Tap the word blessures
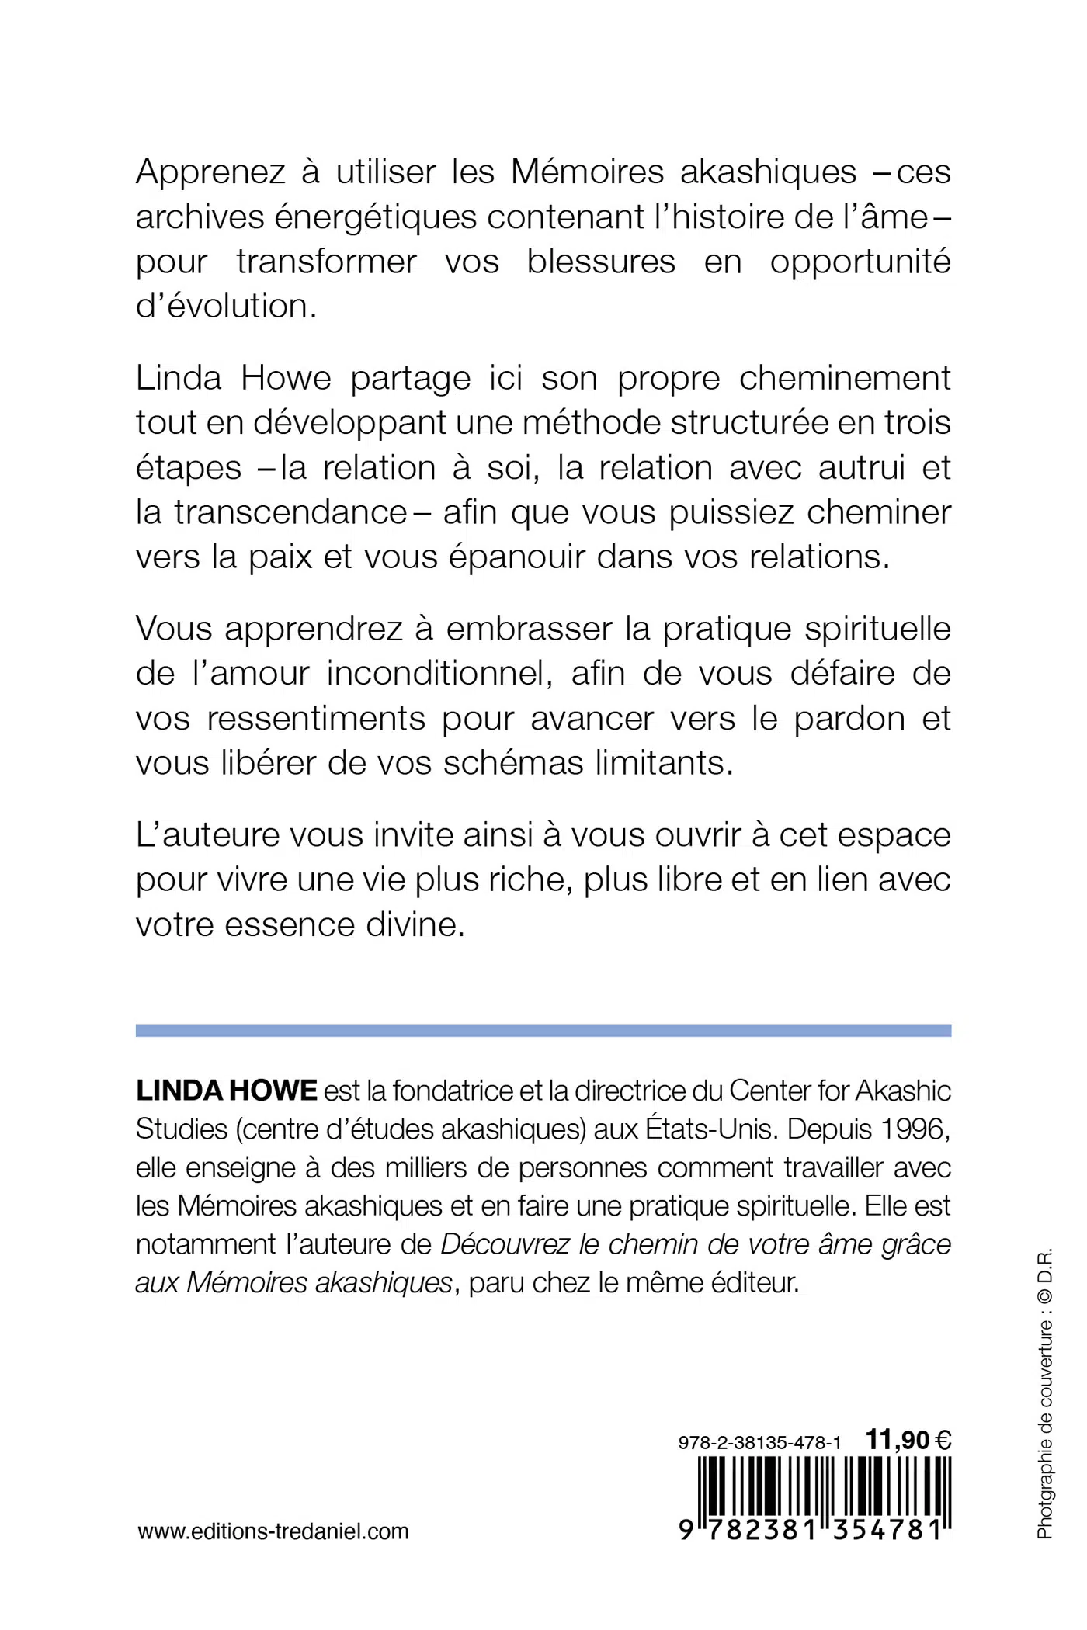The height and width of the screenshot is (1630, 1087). click(x=601, y=262)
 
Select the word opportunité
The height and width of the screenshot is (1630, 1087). click(x=860, y=263)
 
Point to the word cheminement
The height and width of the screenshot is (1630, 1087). click(x=845, y=379)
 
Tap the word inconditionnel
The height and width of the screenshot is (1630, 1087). click(x=439, y=674)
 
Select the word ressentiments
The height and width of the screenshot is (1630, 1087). click(x=316, y=720)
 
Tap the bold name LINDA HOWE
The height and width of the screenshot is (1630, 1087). click(x=227, y=1091)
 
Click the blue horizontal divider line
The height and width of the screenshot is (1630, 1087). click(x=543, y=1030)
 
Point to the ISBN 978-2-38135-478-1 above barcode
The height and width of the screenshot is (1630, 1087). click(x=759, y=1442)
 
